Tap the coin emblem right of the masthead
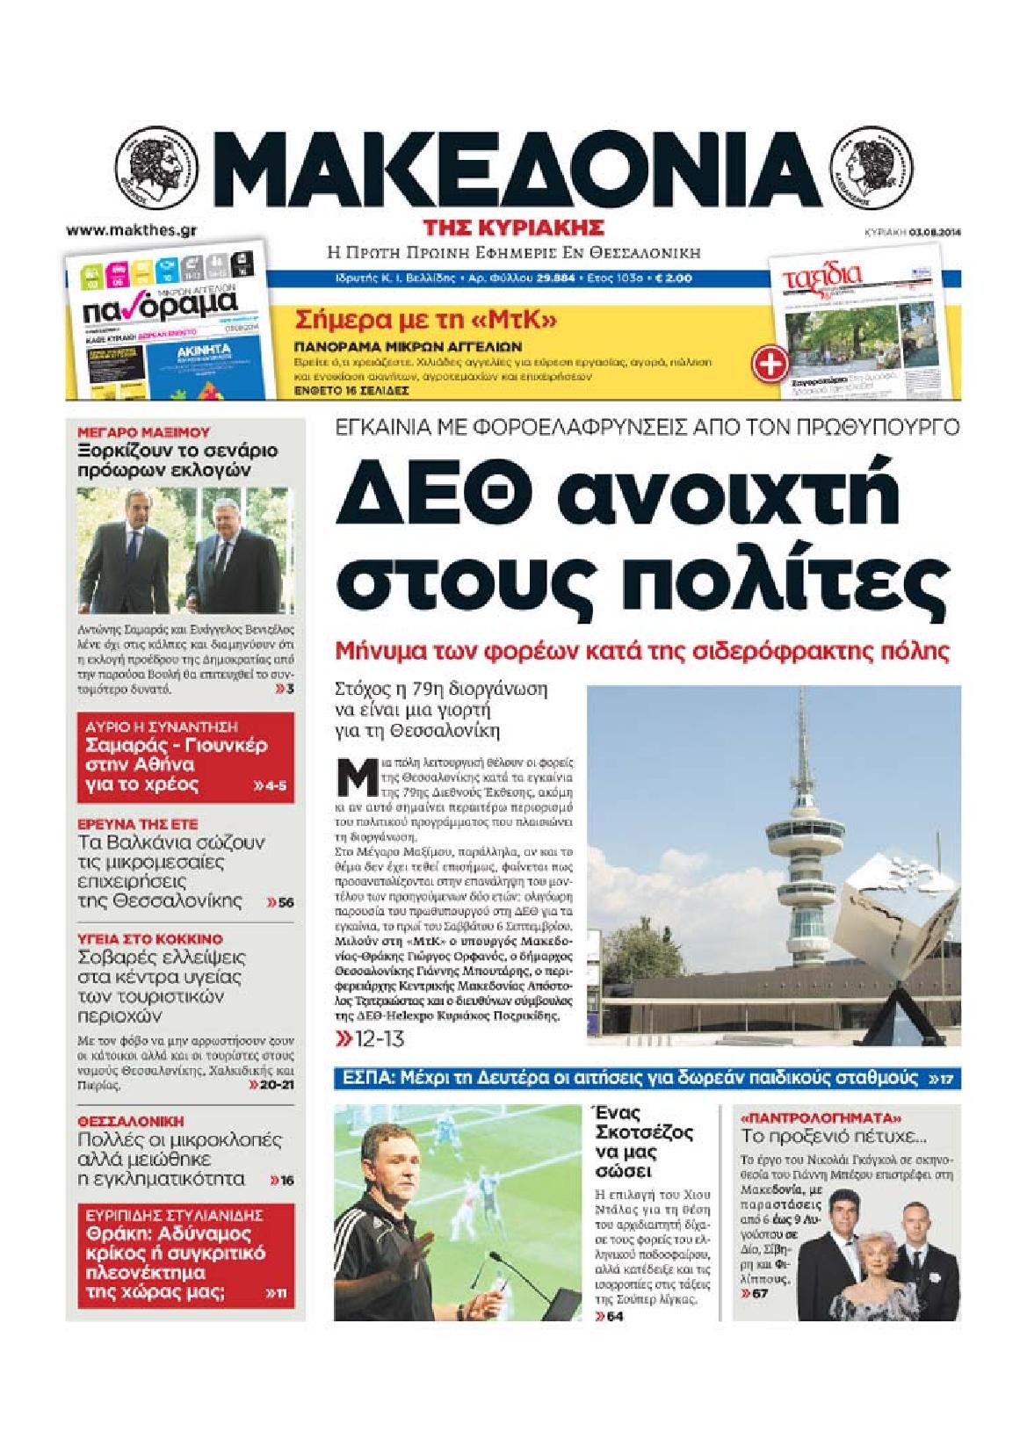875,168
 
